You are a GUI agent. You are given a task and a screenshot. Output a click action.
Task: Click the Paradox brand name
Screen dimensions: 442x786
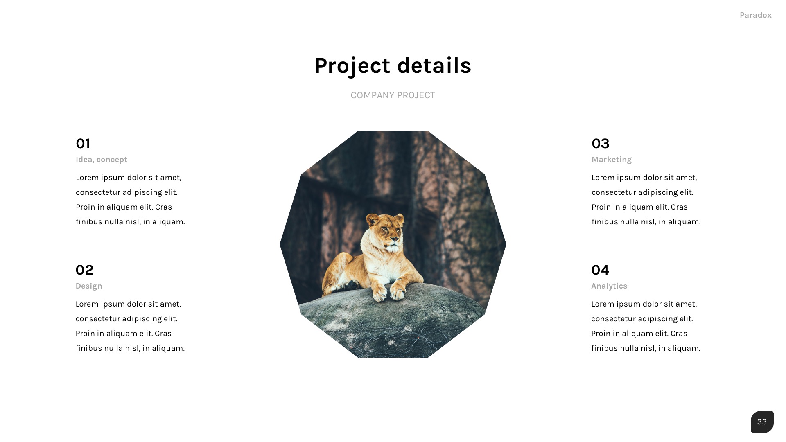755,15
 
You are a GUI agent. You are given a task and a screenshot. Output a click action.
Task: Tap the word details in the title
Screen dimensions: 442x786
434,65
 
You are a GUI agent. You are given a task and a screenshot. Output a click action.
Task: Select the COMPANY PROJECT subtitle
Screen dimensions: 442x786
393,95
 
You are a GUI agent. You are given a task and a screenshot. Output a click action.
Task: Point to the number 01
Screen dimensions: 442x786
83,144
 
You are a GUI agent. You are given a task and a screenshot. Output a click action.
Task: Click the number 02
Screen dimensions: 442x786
84,270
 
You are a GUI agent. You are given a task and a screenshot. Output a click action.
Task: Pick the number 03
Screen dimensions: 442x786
600,144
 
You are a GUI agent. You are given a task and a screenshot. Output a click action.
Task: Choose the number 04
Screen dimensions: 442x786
600,270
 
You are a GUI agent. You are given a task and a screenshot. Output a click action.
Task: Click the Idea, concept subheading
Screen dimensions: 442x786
101,160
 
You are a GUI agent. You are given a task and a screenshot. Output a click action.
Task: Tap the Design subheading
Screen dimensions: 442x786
89,286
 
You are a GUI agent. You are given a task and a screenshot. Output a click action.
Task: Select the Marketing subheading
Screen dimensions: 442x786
611,160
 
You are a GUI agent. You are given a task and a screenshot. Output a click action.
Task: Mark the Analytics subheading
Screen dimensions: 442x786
609,286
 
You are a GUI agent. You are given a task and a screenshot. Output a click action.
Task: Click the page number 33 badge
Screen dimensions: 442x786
762,422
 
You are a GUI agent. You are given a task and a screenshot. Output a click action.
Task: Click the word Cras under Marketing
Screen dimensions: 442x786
679,207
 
